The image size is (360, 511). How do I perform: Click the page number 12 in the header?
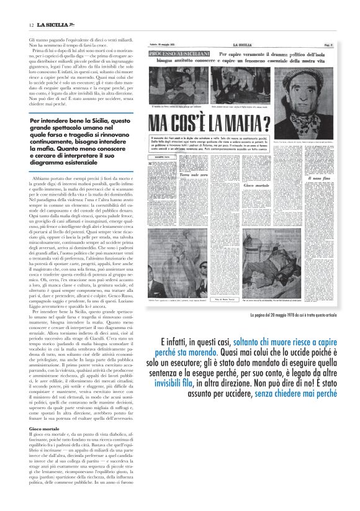coord(31,24)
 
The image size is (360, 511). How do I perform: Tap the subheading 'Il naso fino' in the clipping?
coord(317,178)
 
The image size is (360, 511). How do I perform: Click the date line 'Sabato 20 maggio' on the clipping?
coord(163,45)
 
